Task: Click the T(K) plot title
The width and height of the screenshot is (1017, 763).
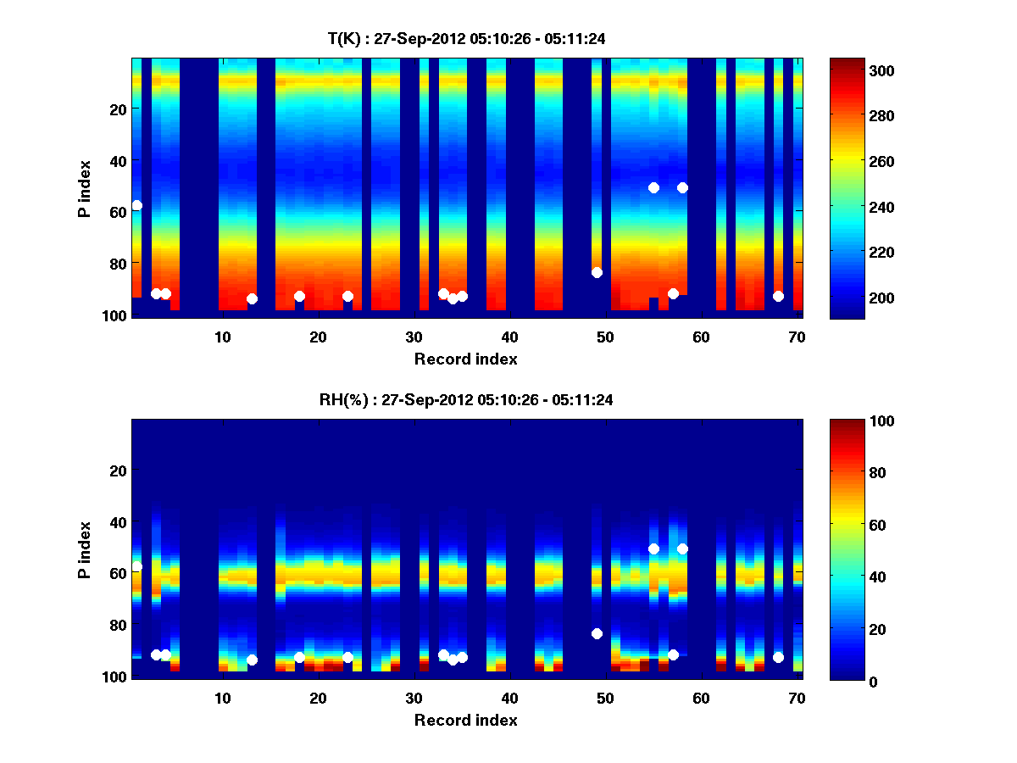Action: click(x=466, y=38)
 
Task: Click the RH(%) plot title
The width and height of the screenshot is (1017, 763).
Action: click(x=466, y=400)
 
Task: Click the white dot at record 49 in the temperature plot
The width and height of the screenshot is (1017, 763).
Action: click(x=597, y=272)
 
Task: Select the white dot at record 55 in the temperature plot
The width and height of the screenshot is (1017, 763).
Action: click(x=653, y=187)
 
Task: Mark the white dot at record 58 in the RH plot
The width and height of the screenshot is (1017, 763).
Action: click(x=682, y=549)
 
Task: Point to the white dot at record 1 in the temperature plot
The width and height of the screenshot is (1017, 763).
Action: click(x=136, y=205)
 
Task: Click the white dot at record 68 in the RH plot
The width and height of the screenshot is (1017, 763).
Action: click(x=778, y=657)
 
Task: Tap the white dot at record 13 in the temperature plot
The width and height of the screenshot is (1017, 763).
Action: click(x=252, y=298)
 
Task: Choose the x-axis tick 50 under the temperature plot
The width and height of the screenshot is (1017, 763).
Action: click(x=605, y=337)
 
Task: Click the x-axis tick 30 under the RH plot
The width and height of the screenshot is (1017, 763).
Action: click(x=414, y=698)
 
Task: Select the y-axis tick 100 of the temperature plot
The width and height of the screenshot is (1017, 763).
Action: click(x=117, y=315)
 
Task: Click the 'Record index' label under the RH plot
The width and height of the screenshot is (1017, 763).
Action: click(x=466, y=720)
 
